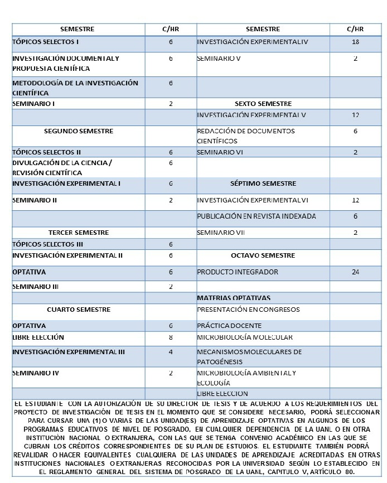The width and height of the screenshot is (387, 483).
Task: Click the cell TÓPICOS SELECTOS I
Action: pyautogui.click(x=46, y=42)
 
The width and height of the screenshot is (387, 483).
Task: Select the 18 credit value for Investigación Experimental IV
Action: pyautogui.click(x=355, y=42)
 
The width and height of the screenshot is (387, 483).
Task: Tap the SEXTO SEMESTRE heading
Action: pyautogui.click(x=263, y=104)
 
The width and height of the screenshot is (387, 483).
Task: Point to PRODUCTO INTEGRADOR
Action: pyautogui.click(x=238, y=272)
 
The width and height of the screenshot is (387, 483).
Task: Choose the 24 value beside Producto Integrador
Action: pyautogui.click(x=355, y=272)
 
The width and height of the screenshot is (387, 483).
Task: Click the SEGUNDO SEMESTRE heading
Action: pyautogui.click(x=79, y=131)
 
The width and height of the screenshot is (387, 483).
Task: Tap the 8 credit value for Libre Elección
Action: pyautogui.click(x=171, y=337)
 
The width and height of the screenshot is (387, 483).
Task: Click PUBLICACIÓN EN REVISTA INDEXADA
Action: pyautogui.click(x=257, y=216)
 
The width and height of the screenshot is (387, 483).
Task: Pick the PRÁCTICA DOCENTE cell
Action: pyautogui.click(x=229, y=326)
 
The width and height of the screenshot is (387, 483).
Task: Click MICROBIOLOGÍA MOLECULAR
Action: pyautogui.click(x=245, y=337)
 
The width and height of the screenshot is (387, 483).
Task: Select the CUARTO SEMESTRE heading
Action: pyautogui.click(x=79, y=310)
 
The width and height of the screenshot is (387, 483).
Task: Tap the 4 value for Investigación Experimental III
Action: pyautogui.click(x=171, y=352)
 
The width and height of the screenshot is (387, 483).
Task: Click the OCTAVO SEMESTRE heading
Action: pyautogui.click(x=263, y=255)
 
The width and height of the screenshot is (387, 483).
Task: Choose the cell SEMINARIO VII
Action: pyautogui.click(x=221, y=233)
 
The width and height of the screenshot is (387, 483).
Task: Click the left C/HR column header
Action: pyautogui.click(x=171, y=29)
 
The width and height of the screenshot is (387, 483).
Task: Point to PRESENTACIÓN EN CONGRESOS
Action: pyautogui.click(x=248, y=310)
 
